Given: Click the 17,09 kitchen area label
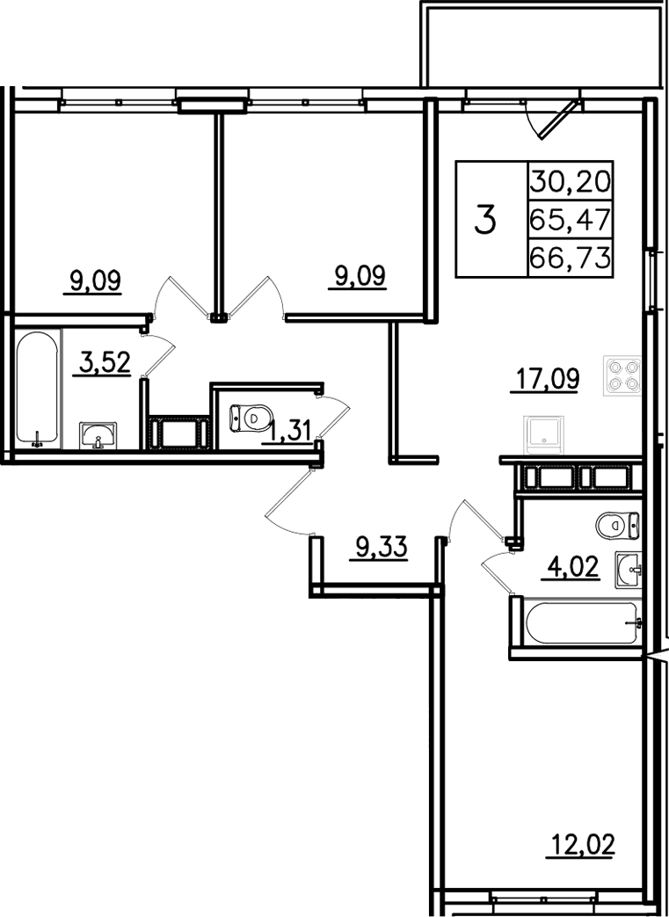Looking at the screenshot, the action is pyautogui.click(x=544, y=380).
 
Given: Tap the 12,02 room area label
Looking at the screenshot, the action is pyautogui.click(x=581, y=845).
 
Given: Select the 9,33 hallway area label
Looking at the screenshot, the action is pyautogui.click(x=382, y=549).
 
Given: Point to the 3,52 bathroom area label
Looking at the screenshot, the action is pyautogui.click(x=104, y=362).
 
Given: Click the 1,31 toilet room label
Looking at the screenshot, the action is pyautogui.click(x=287, y=433).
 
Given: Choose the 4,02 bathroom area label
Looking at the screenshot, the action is pyautogui.click(x=571, y=567).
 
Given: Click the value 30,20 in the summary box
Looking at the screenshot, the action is pyautogui.click(x=571, y=181).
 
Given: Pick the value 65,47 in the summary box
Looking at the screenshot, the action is pyautogui.click(x=571, y=220).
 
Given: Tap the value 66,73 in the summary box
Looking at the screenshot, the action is pyautogui.click(x=571, y=258).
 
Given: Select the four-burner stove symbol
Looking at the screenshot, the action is pyautogui.click(x=622, y=376).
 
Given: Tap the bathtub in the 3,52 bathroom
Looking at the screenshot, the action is pyautogui.click(x=38, y=389).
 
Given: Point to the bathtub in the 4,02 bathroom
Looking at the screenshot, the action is pyautogui.click(x=581, y=623).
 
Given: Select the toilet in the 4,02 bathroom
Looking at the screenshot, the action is pyautogui.click(x=617, y=525).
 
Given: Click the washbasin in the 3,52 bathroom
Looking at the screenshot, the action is pyautogui.click(x=98, y=436).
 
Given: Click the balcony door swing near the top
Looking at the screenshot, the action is pyautogui.click(x=553, y=120).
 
